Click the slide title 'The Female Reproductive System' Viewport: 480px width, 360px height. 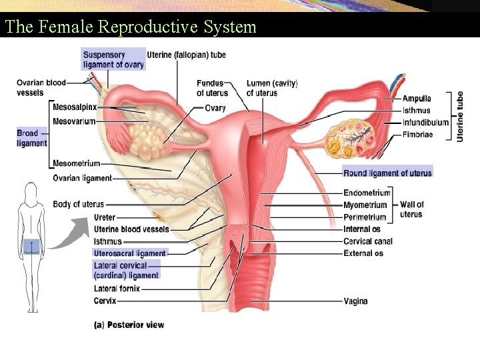131,27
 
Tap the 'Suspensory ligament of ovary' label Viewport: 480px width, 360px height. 113,59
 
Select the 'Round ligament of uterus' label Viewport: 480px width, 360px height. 387,173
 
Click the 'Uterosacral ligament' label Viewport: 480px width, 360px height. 130,253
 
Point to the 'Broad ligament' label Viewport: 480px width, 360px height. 32,138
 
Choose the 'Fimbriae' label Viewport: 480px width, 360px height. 417,135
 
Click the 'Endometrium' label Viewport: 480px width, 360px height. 367,193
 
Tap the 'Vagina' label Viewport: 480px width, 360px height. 355,301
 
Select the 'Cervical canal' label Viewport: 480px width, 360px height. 368,241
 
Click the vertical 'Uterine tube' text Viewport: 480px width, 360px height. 461,116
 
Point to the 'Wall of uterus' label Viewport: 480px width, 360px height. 411,209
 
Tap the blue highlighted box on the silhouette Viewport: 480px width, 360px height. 31,247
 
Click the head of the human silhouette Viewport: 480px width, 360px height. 31,193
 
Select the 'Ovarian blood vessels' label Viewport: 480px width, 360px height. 41,87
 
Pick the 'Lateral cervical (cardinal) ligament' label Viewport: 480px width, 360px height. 126,270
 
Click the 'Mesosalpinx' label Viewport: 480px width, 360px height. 75,107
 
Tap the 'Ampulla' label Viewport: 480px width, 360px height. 417,99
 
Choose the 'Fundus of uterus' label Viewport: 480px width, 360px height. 212,88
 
